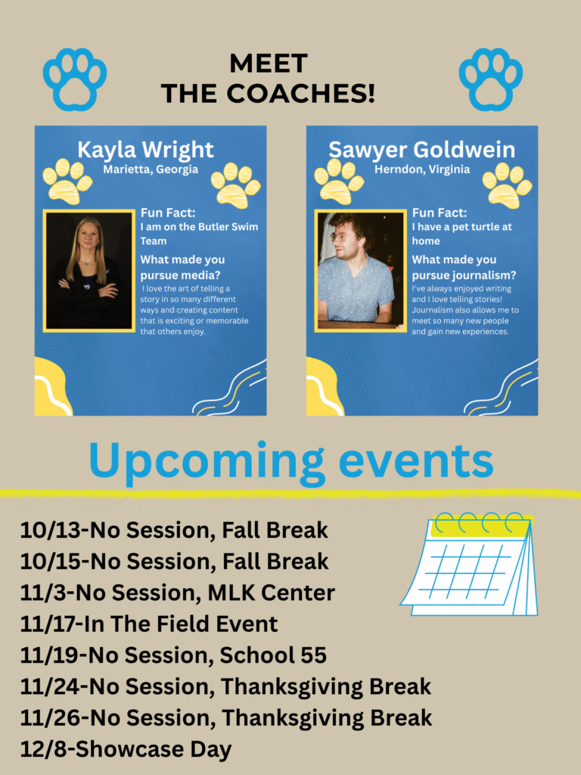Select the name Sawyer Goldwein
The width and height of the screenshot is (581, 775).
click(x=421, y=150)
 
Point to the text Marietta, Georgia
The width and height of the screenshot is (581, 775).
click(x=151, y=170)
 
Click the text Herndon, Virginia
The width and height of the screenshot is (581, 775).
click(x=422, y=170)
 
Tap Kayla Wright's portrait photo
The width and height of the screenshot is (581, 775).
click(x=89, y=271)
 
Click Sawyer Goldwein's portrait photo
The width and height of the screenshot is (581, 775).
click(x=361, y=271)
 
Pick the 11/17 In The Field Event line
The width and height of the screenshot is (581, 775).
click(x=149, y=624)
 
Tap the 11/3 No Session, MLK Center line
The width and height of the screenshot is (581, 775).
click(x=177, y=593)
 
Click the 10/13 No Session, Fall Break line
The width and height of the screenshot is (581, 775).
click(x=174, y=531)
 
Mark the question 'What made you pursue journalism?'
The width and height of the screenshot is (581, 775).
click(x=464, y=267)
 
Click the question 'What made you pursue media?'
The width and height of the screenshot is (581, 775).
click(x=182, y=267)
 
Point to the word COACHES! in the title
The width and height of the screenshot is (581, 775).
click(x=300, y=93)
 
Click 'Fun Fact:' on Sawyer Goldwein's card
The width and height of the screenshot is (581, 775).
click(x=440, y=213)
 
